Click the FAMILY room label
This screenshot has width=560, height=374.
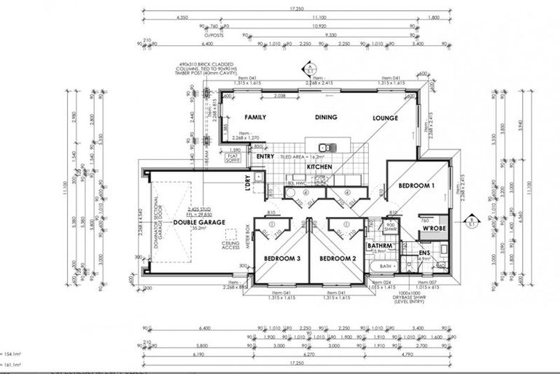pyautogui.click(x=254, y=117)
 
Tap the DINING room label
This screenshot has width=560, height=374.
pyautogui.click(x=327, y=117)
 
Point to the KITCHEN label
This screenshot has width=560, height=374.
pyautogui.click(x=319, y=167)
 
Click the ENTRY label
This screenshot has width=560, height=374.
pyautogui.click(x=265, y=156)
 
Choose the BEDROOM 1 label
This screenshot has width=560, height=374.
pyautogui.click(x=416, y=186)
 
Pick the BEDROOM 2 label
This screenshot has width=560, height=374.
pyautogui.click(x=338, y=259)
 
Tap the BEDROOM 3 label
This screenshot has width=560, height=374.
pyautogui.click(x=281, y=259)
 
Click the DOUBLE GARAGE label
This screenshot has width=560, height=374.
pyautogui.click(x=199, y=221)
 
